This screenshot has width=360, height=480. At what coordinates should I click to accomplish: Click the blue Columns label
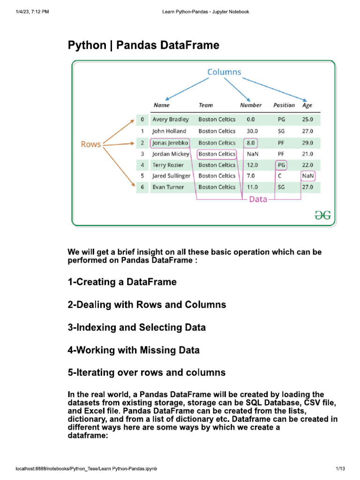(x=224, y=72)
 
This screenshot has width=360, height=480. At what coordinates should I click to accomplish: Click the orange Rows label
(x=91, y=144)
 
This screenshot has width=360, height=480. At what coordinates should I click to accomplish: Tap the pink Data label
(x=258, y=199)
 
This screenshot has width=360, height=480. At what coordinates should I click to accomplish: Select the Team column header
(x=205, y=105)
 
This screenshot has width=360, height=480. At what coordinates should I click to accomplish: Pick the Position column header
(x=284, y=105)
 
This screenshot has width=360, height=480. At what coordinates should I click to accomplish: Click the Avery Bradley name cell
(x=171, y=120)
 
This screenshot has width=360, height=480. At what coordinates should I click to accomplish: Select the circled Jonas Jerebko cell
(x=170, y=142)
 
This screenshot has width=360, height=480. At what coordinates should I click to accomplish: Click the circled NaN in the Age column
(x=308, y=176)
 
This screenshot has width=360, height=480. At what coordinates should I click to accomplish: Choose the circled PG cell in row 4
(x=281, y=165)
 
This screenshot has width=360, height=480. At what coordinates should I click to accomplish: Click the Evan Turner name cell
(x=168, y=187)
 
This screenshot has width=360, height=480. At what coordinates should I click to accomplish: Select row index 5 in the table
(x=142, y=176)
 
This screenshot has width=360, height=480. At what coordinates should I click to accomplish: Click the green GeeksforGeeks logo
(x=322, y=215)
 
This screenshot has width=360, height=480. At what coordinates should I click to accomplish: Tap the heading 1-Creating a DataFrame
(x=122, y=282)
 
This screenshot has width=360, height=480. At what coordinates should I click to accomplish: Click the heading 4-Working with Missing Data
(x=134, y=350)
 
